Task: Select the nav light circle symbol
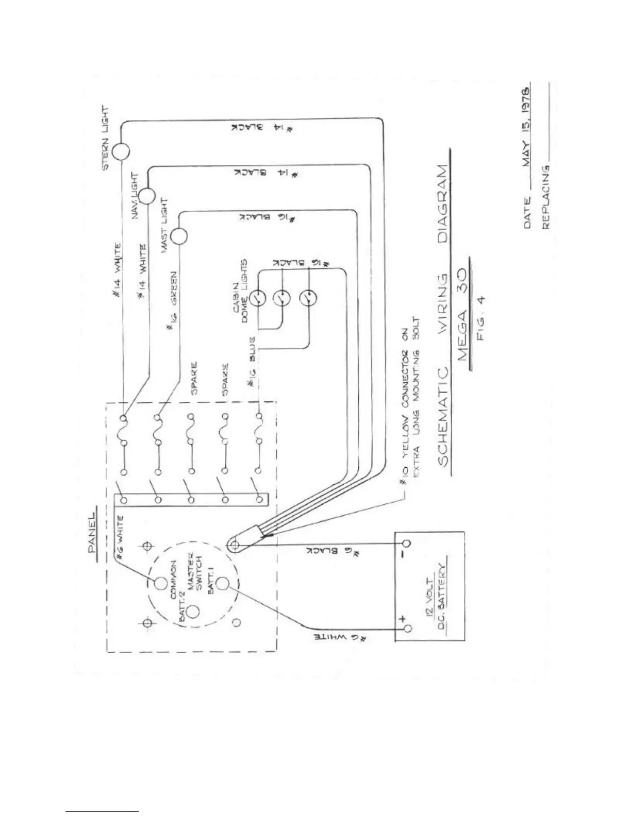click(147, 196)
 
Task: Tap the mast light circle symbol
click(179, 236)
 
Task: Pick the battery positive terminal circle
click(407, 628)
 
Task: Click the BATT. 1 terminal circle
click(222, 584)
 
